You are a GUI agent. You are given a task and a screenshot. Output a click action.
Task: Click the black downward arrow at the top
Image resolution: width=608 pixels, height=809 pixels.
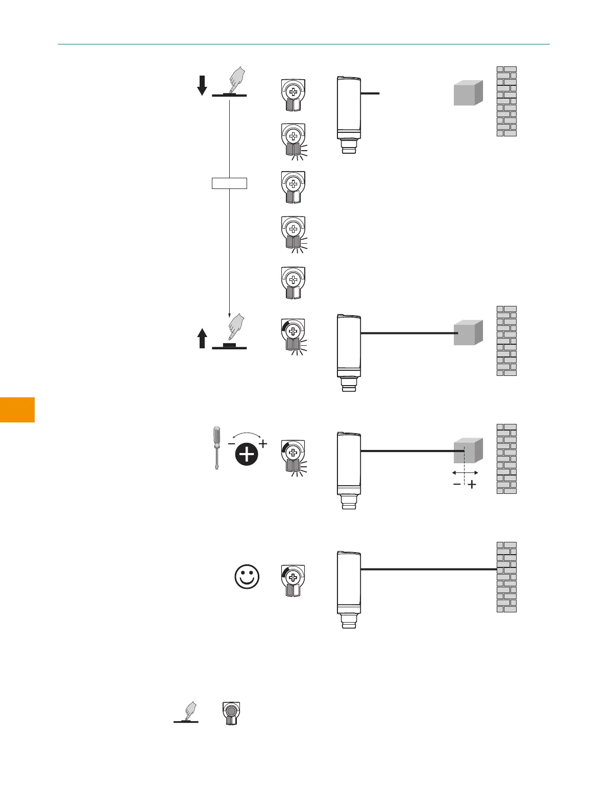pos(202,85)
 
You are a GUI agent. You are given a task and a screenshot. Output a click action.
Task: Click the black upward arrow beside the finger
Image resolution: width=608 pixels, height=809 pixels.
pos(202,339)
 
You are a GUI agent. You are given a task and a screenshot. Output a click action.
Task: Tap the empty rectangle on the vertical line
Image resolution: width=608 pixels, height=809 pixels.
pos(229,183)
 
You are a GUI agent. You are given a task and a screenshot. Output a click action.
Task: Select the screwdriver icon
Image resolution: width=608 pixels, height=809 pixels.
pos(217,448)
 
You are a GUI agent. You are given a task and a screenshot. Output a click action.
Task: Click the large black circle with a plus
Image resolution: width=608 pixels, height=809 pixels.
pos(247,454)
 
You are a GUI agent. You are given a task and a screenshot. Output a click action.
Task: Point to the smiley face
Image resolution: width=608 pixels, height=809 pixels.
pos(247,577)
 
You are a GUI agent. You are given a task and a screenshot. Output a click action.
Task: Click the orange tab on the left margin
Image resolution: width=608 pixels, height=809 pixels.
pos(17,410)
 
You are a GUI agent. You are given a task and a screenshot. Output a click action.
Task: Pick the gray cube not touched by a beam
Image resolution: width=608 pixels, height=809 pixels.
pos(468,93)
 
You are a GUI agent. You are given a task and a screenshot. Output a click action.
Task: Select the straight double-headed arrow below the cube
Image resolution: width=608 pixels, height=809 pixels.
pos(465,473)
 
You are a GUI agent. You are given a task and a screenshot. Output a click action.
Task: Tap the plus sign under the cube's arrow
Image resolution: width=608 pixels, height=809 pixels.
pos(472,485)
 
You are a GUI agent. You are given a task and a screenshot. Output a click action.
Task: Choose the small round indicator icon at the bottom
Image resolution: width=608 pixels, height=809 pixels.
pos(231,713)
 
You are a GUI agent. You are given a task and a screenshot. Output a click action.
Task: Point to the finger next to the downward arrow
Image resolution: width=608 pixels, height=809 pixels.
pos(236,80)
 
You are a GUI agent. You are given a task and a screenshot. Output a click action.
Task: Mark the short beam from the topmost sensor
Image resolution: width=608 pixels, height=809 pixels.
pos(370,93)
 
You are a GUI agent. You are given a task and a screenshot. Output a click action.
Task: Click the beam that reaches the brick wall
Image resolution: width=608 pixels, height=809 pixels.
pos(429,569)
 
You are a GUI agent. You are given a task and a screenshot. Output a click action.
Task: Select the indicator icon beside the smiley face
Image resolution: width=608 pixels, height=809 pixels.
pos(293,580)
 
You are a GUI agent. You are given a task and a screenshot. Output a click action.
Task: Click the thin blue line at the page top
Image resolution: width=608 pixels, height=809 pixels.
pos(304,44)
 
